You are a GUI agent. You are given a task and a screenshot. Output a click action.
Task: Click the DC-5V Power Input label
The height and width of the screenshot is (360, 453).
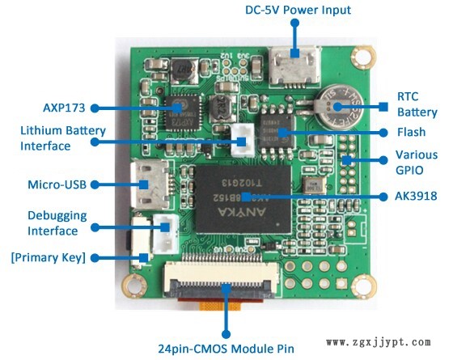(x=298, y=10)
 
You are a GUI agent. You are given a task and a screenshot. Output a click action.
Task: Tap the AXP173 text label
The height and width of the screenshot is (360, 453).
(x=64, y=108)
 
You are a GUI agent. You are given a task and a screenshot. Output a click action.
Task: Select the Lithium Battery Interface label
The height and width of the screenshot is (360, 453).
(x=63, y=138)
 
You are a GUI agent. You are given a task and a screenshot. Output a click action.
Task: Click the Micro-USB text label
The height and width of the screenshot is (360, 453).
(x=57, y=184)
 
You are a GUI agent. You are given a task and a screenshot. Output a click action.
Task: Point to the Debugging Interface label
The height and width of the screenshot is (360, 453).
(x=57, y=223)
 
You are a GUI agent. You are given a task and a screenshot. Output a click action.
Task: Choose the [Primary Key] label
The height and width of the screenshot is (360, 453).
(x=49, y=257)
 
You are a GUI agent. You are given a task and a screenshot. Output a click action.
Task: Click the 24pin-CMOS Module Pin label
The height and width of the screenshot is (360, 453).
(x=226, y=349)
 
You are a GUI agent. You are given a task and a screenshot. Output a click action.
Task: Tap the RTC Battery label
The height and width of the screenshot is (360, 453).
(x=417, y=104)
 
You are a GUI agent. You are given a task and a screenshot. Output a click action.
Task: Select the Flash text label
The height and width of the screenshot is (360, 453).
(x=411, y=132)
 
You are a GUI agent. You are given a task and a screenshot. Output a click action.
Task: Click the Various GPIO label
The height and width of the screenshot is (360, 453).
(x=417, y=163)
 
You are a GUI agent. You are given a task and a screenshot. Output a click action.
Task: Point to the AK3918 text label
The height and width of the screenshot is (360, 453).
(x=416, y=196)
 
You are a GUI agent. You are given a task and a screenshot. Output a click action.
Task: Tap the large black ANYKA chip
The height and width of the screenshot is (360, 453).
(x=243, y=199)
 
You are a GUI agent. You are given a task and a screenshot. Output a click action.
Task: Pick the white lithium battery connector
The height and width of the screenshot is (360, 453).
(x=243, y=140)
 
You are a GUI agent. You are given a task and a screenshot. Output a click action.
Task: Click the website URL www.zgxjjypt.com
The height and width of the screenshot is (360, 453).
(x=379, y=342)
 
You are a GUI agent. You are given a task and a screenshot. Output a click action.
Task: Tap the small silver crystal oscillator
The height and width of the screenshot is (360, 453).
(x=314, y=185)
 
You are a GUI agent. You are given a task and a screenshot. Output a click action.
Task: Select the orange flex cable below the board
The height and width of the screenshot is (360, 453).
(x=220, y=306)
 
